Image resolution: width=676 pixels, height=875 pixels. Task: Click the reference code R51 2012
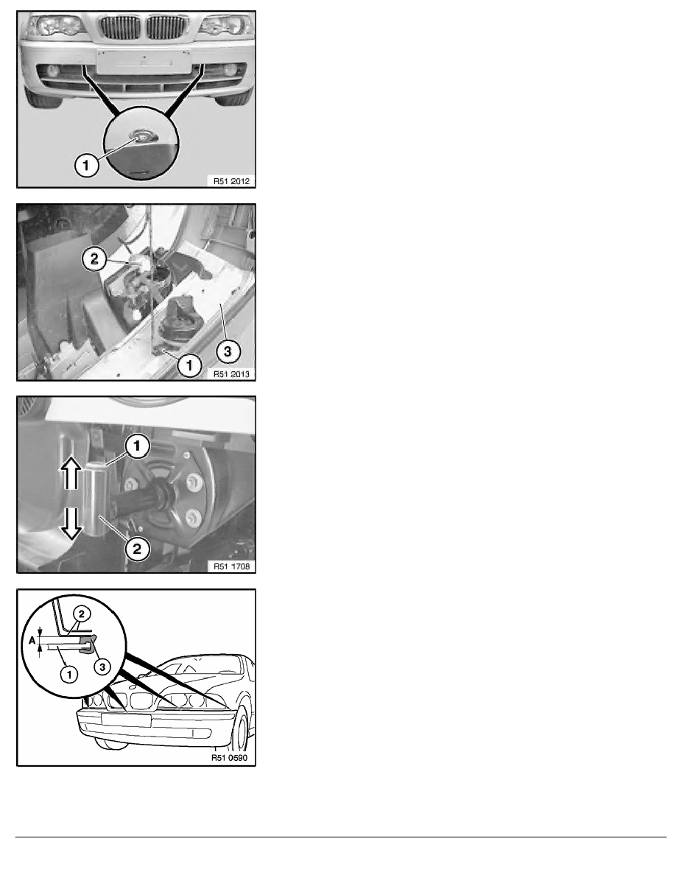(x=231, y=180)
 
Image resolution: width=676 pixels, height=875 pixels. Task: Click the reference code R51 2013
(x=231, y=374)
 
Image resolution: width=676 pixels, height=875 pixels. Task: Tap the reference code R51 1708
(x=231, y=566)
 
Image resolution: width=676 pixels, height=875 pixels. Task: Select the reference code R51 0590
(x=229, y=758)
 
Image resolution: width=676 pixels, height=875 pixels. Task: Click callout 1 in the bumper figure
(x=86, y=165)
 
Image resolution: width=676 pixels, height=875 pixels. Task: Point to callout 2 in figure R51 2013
(x=94, y=259)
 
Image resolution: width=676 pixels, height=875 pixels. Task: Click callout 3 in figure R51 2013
(x=227, y=351)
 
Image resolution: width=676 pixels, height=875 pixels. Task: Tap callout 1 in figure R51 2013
(x=190, y=365)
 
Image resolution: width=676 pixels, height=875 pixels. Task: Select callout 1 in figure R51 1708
(x=137, y=446)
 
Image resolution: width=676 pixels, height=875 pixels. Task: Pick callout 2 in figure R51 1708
(x=137, y=548)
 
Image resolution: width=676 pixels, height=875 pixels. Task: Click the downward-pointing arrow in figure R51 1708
(x=71, y=524)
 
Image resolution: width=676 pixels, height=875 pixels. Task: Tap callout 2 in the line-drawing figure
(x=82, y=614)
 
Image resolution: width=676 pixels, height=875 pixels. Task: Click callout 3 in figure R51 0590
(x=102, y=667)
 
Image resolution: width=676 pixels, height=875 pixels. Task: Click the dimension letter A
(x=31, y=641)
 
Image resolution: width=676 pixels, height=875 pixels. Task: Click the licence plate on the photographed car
(x=144, y=61)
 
